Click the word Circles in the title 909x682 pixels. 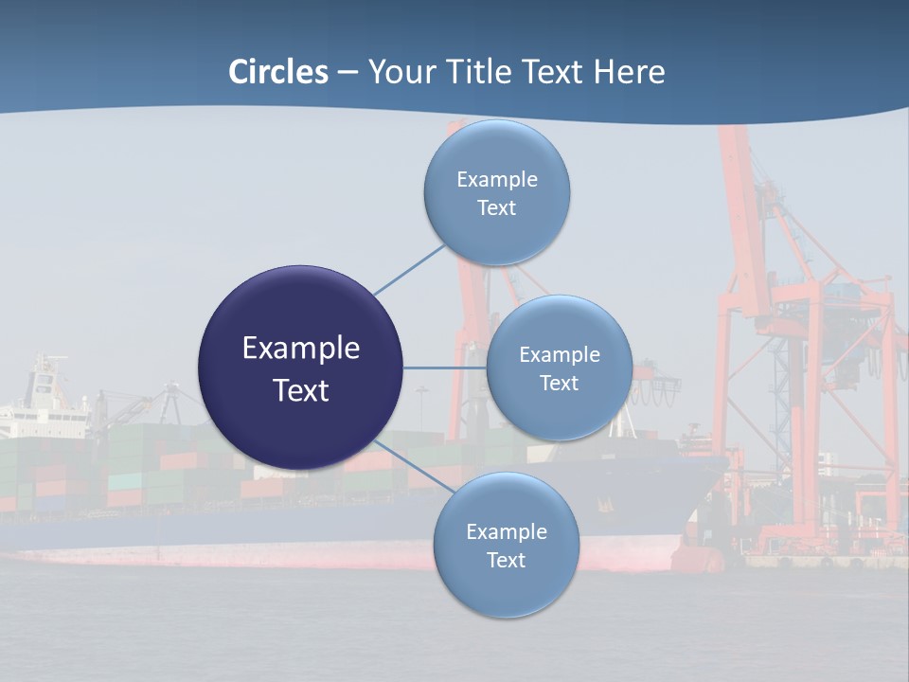tap(278, 72)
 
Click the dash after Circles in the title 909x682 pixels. tap(348, 73)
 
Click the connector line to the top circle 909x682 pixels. tap(409, 270)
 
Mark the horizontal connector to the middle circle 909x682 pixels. tap(444, 368)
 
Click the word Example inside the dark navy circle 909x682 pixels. tap(301, 349)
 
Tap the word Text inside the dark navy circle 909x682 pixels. tap(301, 390)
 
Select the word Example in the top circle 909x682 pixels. tap(497, 179)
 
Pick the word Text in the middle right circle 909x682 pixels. tap(560, 383)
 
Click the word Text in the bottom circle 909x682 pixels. tap(506, 560)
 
